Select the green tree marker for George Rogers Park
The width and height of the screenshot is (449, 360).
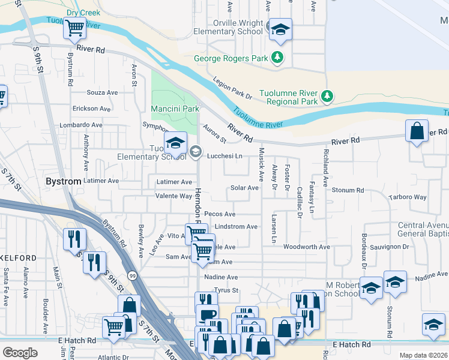tap(277, 58)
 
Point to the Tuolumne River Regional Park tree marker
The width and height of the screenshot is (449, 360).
tap(327, 96)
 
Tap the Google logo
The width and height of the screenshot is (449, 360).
tap(20, 352)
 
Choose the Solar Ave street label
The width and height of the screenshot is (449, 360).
tap(244, 188)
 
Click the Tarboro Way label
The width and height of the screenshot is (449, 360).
tap(408, 197)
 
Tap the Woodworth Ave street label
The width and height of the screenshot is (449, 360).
tap(307, 247)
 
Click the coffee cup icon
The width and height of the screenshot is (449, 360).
tap(208, 314)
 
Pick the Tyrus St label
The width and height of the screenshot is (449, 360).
tap(227, 290)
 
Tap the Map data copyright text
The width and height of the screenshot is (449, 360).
tap(423, 355)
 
